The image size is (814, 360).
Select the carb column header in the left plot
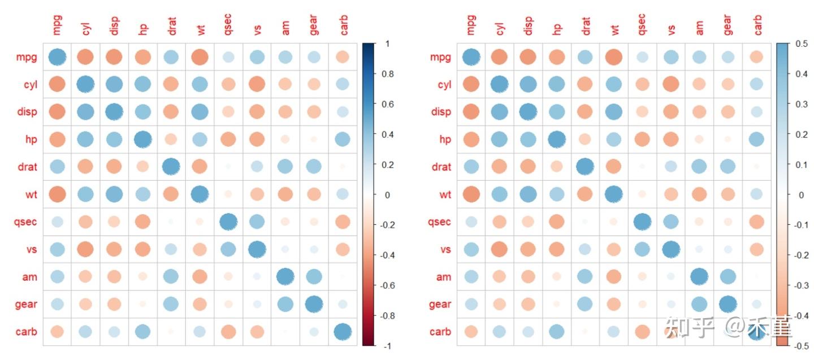point(343,25)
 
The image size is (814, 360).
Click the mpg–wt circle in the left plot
point(200,57)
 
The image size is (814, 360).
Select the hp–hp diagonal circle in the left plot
point(143,139)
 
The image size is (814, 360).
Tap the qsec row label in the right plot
point(439,222)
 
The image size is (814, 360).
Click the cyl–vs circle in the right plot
point(671,85)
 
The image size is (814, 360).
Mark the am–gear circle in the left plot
point(314,276)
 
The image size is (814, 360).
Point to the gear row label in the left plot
point(26,304)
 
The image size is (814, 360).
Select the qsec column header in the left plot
point(229,25)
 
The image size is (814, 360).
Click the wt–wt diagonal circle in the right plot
point(614,194)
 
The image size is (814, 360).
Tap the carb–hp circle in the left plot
point(143,332)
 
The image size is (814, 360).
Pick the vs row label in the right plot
point(444,249)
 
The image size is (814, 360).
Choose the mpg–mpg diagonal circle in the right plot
point(471,57)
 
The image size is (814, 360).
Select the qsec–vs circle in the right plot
point(671,222)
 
